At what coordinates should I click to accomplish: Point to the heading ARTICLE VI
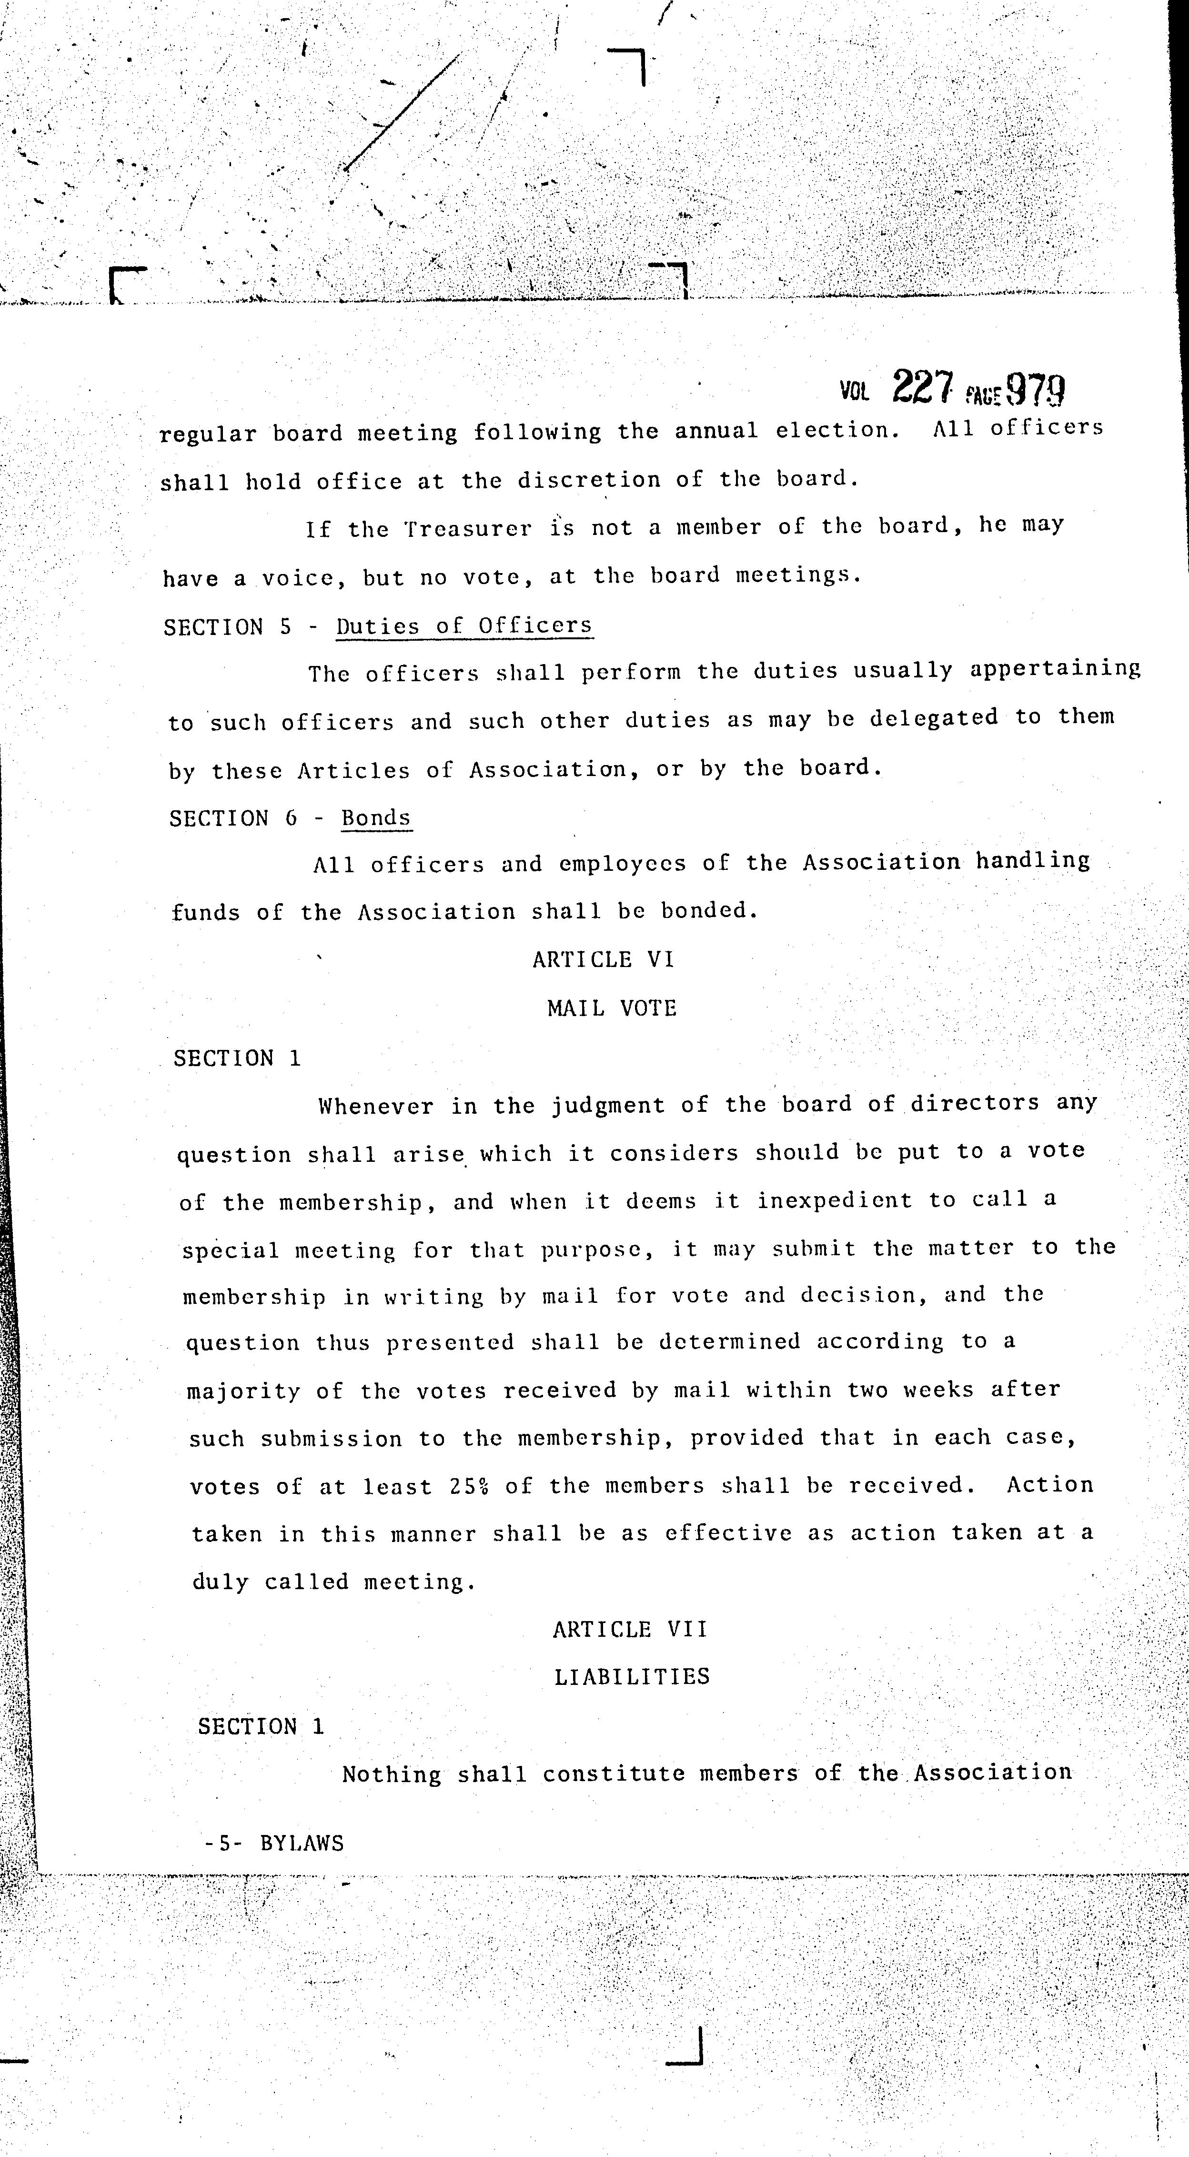[603, 959]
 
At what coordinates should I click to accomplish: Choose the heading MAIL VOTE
[611, 1008]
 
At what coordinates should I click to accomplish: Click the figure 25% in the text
[468, 1485]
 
